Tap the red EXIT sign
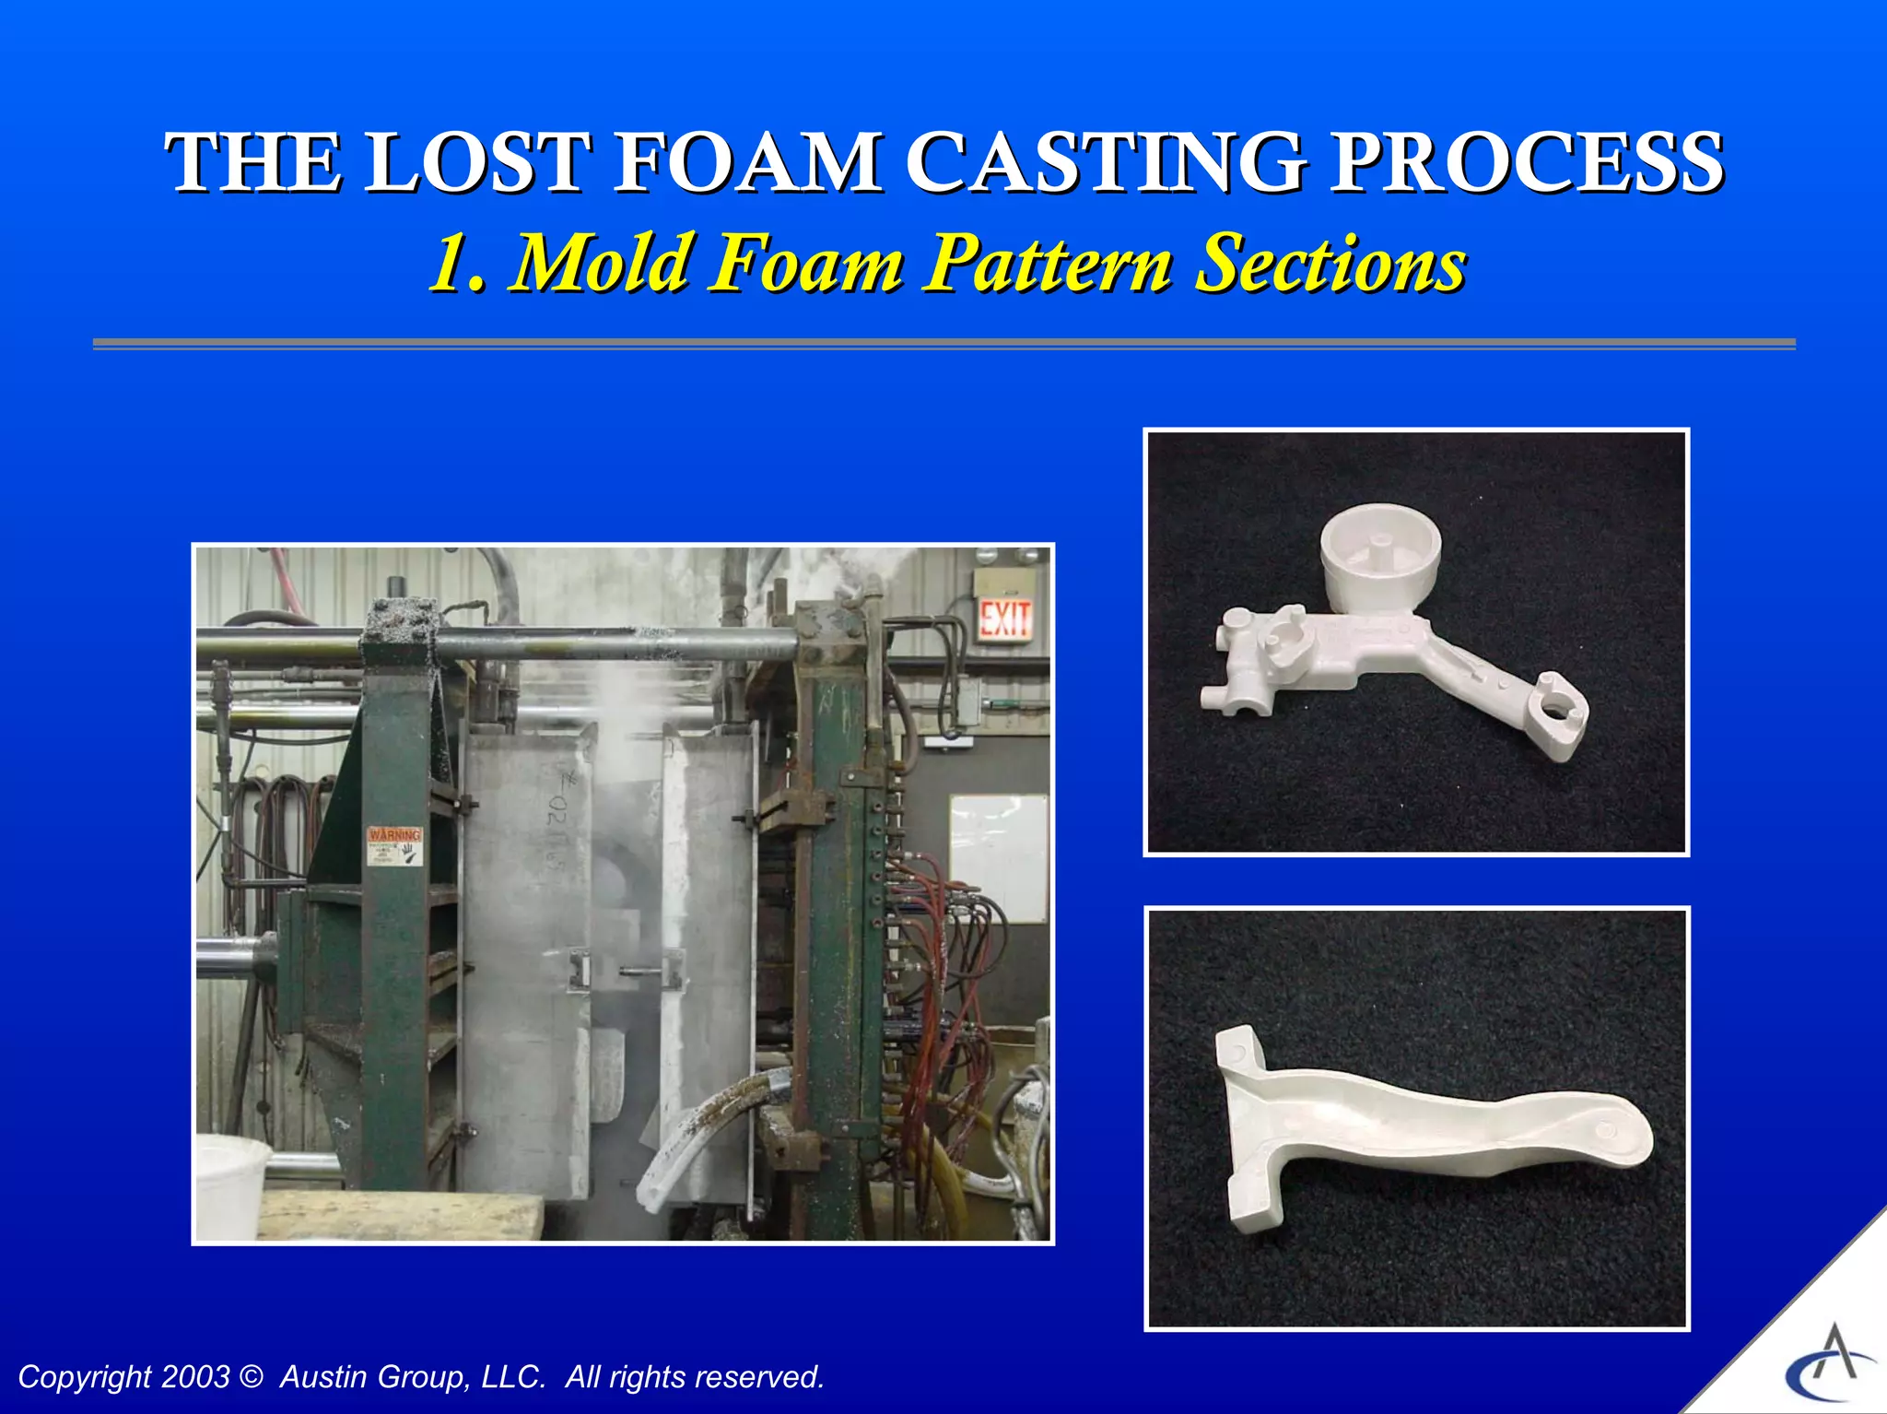[1004, 619]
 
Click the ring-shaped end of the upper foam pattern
[1557, 712]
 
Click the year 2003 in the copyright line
[194, 1377]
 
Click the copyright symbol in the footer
[250, 1377]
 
